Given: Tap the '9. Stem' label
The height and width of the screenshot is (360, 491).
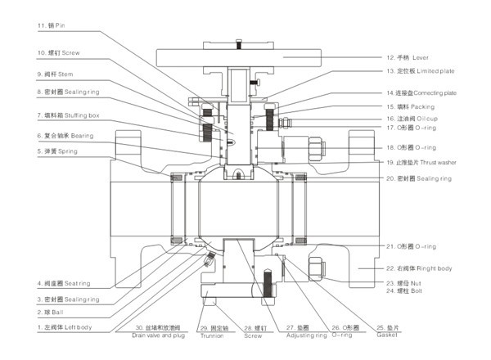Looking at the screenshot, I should pos(56,74).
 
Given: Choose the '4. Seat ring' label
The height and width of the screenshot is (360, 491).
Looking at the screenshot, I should pos(63,283).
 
